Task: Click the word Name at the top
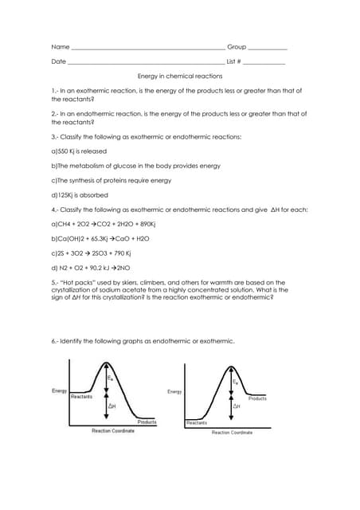(x=60, y=47)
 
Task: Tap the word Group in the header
(x=237, y=47)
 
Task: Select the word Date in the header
(x=59, y=61)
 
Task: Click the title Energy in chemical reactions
(x=180, y=76)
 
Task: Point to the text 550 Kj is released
(x=78, y=151)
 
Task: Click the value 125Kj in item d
(x=71, y=194)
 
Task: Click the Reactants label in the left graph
(x=82, y=396)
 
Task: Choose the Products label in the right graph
(x=257, y=398)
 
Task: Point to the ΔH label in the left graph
(x=113, y=406)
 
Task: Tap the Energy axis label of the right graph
(x=175, y=391)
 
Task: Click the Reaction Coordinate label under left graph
(x=113, y=431)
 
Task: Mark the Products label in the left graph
(x=147, y=422)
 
